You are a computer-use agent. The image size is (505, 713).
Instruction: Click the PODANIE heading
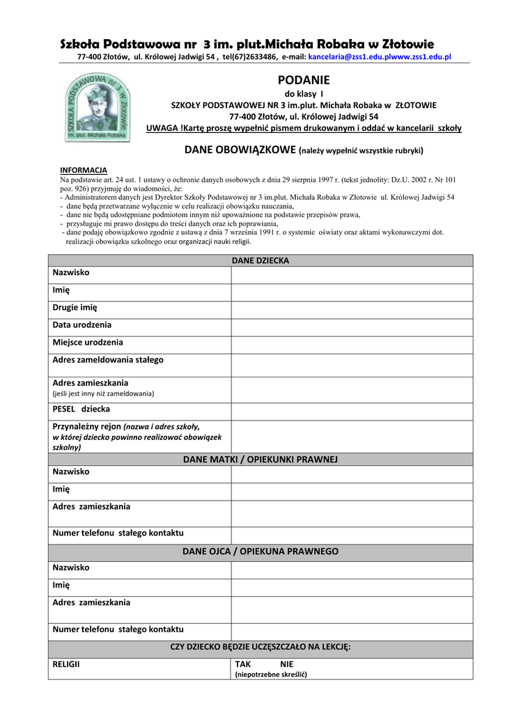[x=304, y=80]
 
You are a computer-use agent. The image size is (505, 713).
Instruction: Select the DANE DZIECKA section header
[x=260, y=260]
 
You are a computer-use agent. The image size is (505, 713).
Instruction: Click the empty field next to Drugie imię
[x=351, y=308]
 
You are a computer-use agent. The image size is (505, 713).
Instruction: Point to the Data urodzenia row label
[x=82, y=325]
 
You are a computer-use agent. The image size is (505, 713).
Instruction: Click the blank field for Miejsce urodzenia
[x=351, y=343]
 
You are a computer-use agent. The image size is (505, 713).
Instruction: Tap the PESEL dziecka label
[x=81, y=409]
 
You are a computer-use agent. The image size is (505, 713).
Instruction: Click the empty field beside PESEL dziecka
[x=351, y=410]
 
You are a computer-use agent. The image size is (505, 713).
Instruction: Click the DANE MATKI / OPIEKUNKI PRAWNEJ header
[x=260, y=460]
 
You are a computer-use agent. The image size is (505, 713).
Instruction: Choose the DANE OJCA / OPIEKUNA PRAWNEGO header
[x=260, y=551]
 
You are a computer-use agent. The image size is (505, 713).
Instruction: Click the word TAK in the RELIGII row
[x=243, y=664]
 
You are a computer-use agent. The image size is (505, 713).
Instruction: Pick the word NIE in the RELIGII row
[x=286, y=664]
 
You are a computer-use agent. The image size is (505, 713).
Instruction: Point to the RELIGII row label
[x=66, y=664]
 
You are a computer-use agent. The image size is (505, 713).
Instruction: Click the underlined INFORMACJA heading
[x=84, y=170]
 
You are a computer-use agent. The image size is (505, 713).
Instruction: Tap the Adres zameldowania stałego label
[x=108, y=360]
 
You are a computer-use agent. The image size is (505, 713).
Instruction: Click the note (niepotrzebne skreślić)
[x=271, y=675]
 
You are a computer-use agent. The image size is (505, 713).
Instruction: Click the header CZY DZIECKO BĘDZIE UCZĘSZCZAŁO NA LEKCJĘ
[x=260, y=647]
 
